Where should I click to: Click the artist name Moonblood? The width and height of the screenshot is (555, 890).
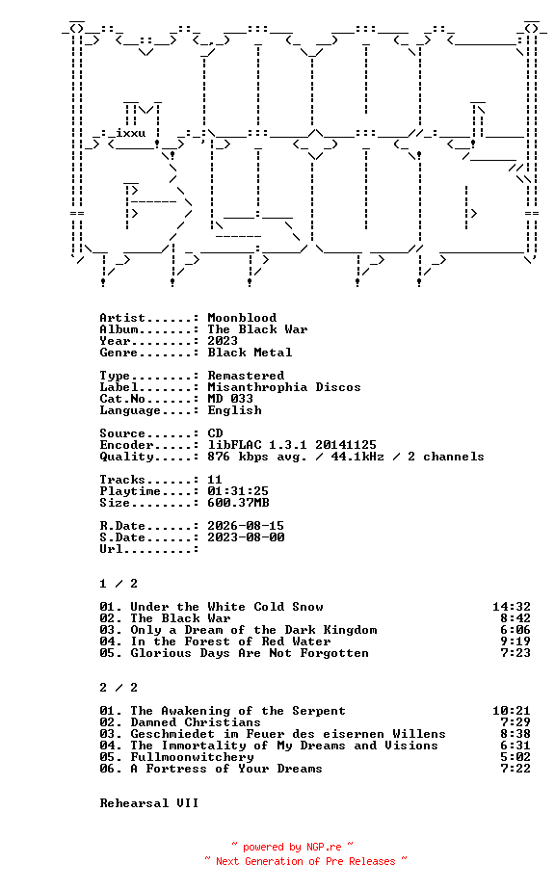(x=242, y=318)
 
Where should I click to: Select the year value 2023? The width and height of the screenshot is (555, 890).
(x=223, y=341)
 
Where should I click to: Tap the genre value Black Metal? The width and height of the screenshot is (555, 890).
(x=250, y=353)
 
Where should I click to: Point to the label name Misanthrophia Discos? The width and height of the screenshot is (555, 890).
(x=284, y=387)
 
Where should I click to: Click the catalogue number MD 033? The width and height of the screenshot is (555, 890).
(x=230, y=399)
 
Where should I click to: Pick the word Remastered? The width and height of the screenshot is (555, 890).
(x=246, y=376)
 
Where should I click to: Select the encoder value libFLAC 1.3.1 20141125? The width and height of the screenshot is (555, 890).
(x=292, y=445)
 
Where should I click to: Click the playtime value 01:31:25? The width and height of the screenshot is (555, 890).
(x=238, y=491)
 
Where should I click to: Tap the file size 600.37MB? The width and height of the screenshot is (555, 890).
(x=238, y=503)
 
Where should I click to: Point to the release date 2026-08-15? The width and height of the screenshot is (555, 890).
(x=246, y=526)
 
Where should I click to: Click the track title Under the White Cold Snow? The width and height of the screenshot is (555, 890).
(x=227, y=607)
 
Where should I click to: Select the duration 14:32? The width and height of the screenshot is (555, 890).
(x=512, y=607)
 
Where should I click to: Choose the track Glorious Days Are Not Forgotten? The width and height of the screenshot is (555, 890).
(x=250, y=653)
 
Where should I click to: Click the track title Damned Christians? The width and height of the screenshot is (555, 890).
(x=196, y=722)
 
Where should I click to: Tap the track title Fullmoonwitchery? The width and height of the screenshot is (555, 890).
(x=193, y=757)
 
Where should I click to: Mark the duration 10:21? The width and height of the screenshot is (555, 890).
(x=512, y=711)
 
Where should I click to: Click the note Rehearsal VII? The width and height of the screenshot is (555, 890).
(x=149, y=803)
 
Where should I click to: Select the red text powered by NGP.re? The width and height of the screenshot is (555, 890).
(x=292, y=847)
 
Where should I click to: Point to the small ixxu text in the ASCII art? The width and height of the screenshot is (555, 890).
(x=131, y=133)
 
